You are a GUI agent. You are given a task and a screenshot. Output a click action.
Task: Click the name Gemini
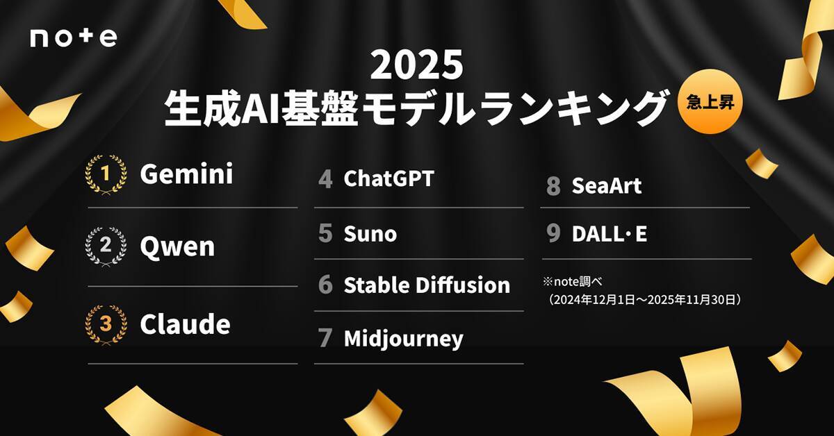tap(186, 174)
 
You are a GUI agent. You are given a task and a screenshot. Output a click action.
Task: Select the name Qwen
tap(177, 246)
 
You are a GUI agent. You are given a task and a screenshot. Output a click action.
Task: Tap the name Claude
tap(185, 324)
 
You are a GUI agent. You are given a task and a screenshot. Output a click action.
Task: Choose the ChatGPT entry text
tap(389, 178)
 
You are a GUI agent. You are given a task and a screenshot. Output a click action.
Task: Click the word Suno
tap(370, 233)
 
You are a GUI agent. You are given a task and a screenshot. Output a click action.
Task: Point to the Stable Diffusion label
tap(427, 285)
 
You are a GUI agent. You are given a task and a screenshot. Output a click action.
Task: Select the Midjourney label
tap(403, 338)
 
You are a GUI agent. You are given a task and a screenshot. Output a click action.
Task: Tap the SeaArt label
tap(606, 185)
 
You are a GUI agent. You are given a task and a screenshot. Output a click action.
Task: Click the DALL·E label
tap(609, 234)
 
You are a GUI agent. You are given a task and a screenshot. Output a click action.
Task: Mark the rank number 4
tap(325, 178)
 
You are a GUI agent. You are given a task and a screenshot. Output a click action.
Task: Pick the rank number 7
tap(325, 338)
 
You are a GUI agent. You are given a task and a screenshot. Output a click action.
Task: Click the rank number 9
tap(553, 234)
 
